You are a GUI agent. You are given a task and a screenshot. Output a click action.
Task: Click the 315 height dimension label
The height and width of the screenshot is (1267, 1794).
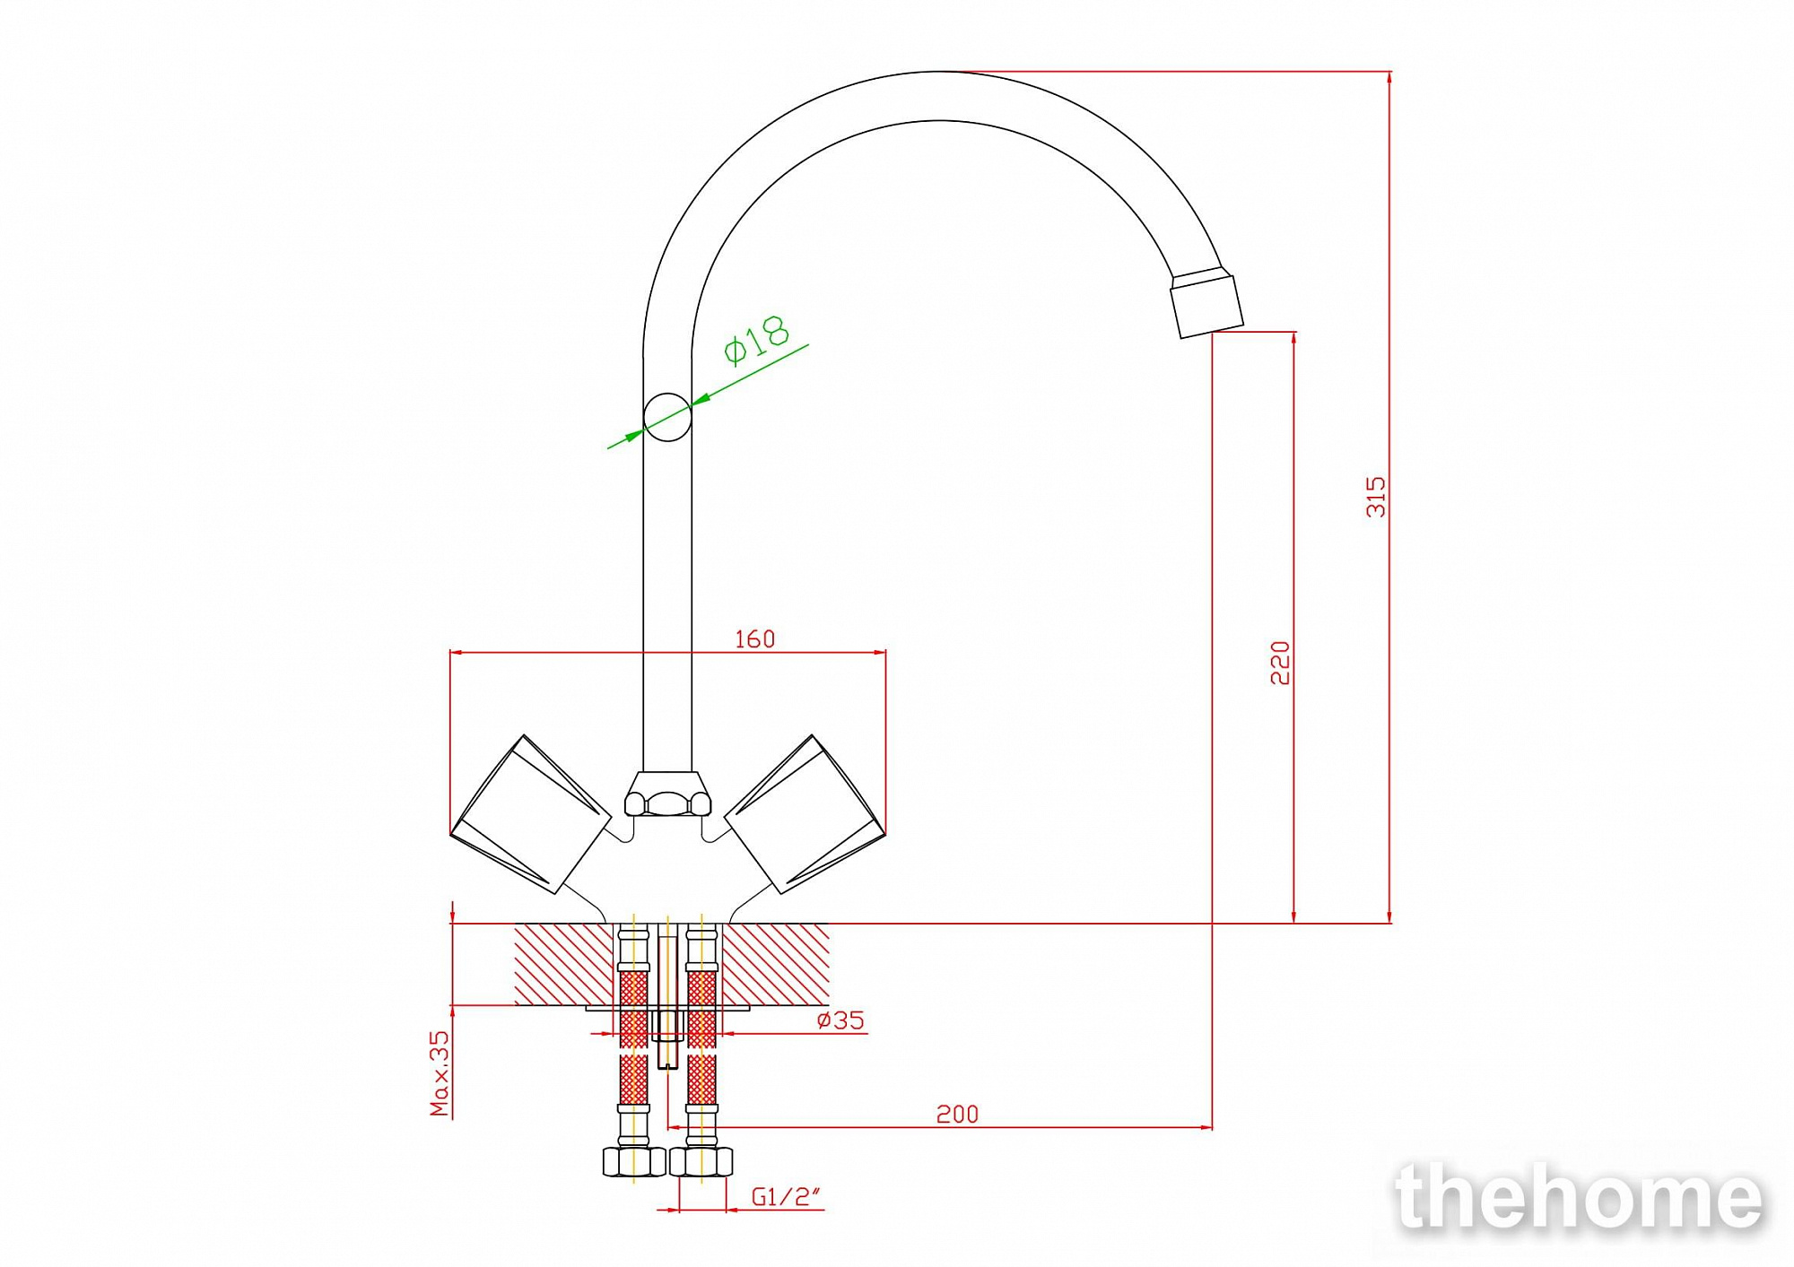point(1375,497)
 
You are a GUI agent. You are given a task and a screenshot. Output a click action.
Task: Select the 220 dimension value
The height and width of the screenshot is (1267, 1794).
point(1280,663)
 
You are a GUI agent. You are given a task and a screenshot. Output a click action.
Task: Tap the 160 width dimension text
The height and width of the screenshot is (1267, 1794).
point(754,638)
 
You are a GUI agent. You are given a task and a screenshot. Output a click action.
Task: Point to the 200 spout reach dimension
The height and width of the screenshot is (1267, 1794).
point(957,1114)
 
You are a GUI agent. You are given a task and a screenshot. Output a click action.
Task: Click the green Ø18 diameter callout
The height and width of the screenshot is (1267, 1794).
point(756,340)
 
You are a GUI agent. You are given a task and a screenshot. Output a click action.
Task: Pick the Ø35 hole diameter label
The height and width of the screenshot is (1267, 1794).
point(840,1020)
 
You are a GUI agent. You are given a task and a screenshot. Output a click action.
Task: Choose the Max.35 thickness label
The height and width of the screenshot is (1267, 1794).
point(440,1073)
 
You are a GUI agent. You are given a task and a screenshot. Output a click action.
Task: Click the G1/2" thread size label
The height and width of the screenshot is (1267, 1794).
point(786,1196)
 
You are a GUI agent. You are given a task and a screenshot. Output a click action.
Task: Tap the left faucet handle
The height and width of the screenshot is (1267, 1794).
point(530,815)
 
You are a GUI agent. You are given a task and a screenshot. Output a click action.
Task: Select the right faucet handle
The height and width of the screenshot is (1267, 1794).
point(805,815)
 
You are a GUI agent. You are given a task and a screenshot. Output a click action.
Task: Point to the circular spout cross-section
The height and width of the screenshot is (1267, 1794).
point(667,417)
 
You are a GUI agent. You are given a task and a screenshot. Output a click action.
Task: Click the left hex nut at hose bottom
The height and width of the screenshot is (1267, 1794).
point(634,1161)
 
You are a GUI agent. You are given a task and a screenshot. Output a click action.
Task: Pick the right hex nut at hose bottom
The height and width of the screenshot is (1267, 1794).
point(701,1161)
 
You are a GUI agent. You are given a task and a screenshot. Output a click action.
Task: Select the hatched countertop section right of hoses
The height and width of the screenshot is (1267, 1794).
point(775,964)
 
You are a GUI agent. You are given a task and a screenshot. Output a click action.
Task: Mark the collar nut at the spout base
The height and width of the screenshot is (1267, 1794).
point(667,794)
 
